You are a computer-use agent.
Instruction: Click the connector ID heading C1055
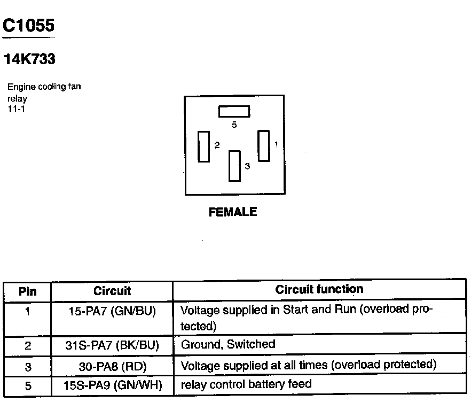29,25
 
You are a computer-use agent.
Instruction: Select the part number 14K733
29,60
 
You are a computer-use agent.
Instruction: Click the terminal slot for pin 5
234,111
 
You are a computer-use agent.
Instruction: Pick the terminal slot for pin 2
203,146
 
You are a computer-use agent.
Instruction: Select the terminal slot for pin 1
264,144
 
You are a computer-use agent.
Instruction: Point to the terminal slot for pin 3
234,166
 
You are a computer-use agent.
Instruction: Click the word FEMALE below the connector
233,212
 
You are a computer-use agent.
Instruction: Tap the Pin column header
27,292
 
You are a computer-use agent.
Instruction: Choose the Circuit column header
112,291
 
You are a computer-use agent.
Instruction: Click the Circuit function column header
319,290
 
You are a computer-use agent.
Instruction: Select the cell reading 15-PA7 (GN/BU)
112,311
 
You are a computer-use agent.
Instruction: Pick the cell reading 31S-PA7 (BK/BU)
112,345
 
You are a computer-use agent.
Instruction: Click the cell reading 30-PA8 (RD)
112,366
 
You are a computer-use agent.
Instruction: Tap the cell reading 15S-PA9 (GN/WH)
112,385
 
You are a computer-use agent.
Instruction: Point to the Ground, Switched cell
229,345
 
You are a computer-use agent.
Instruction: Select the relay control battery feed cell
246,384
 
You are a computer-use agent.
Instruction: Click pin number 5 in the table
27,385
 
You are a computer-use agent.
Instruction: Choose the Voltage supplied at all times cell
309,366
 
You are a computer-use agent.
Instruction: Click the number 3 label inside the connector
247,166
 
